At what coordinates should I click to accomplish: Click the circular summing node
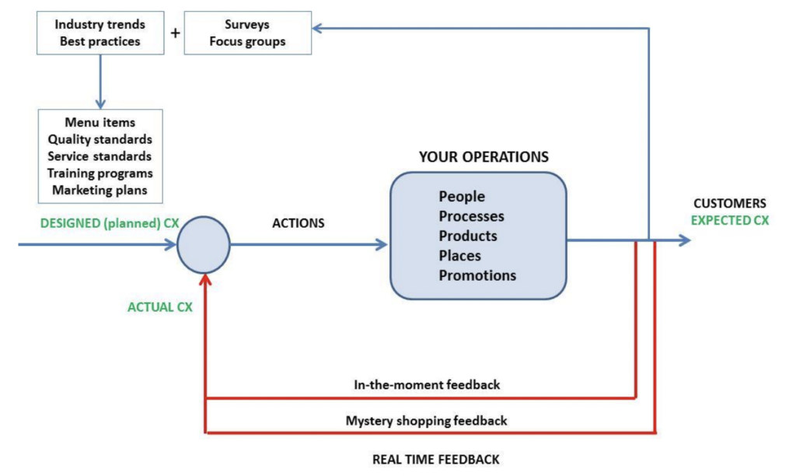(204, 244)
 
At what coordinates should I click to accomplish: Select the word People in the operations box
(462, 196)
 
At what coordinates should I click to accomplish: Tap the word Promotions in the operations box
(477, 275)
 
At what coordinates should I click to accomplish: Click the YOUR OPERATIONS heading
(484, 157)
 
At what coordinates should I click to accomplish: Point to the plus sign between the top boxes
(175, 33)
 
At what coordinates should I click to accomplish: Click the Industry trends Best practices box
(100, 33)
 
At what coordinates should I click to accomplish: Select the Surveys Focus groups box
(247, 33)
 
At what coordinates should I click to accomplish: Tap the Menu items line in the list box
(100, 123)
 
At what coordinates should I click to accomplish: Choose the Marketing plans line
(100, 190)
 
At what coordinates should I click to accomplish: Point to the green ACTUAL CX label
(160, 306)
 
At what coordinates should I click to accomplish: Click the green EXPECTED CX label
(729, 220)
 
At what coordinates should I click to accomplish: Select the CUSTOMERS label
(729, 204)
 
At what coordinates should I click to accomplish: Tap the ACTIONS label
(298, 223)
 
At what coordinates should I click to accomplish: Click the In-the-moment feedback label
(426, 385)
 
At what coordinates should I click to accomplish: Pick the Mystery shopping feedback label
(426, 421)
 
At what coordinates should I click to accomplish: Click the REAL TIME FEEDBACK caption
(435, 459)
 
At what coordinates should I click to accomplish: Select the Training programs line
(100, 173)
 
